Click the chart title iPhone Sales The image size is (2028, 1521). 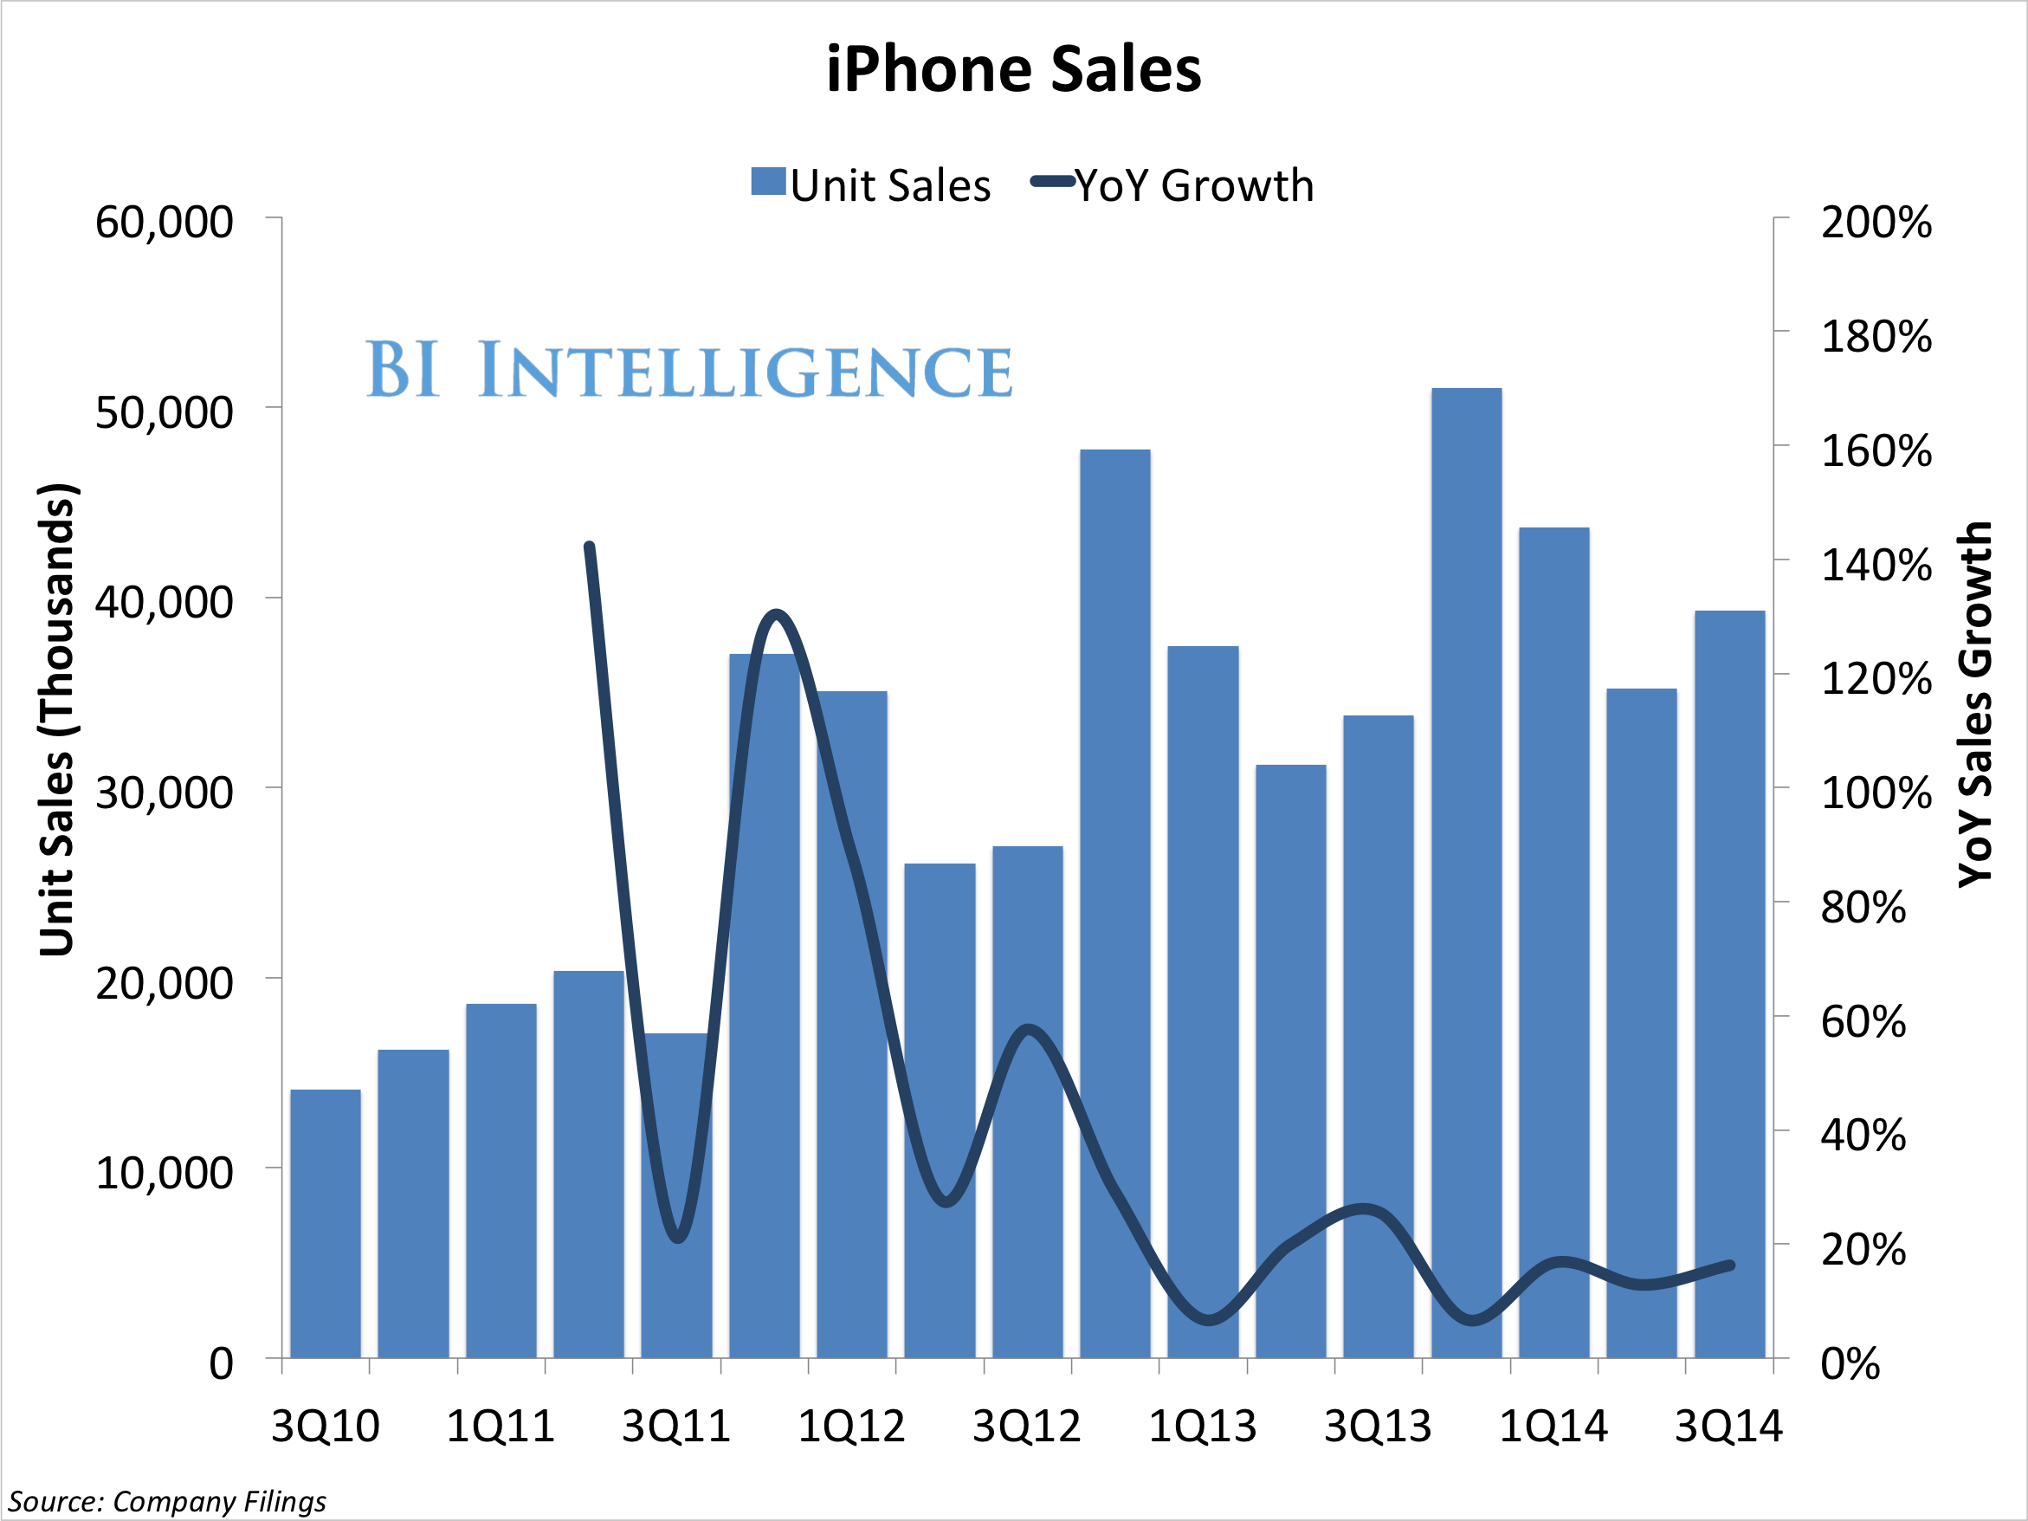[1013, 69]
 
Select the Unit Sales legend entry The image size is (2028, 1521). [871, 185]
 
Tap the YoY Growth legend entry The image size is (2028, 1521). [1172, 185]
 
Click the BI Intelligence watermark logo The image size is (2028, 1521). [688, 370]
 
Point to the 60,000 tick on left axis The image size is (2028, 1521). [165, 223]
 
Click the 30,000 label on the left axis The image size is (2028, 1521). [165, 793]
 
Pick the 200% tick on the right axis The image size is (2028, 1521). [1876, 223]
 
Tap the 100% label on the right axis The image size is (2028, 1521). [1876, 793]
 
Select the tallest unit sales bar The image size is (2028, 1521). [1466, 871]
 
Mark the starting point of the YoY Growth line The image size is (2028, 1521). [590, 547]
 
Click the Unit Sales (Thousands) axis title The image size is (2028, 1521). [57, 720]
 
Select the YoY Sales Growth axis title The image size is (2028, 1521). [1976, 704]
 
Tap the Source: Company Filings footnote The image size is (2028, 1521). [167, 1502]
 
